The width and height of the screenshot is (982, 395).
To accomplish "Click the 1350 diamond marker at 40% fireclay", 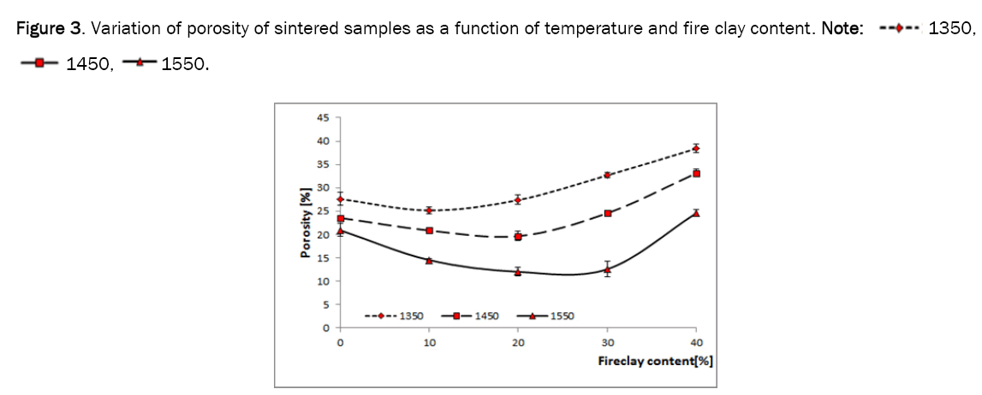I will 696,149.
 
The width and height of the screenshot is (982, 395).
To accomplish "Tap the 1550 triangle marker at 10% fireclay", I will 429,260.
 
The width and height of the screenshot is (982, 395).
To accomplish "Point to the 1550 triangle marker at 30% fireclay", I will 607,269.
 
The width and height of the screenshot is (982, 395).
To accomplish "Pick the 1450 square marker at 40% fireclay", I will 696,174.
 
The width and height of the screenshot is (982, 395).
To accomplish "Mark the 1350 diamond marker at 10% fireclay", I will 429,209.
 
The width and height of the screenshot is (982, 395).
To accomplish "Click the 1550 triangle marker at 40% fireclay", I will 696,213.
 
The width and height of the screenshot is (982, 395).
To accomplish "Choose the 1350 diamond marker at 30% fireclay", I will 607,174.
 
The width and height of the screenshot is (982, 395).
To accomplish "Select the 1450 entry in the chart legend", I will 468,315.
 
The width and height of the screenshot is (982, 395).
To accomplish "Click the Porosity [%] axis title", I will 305,223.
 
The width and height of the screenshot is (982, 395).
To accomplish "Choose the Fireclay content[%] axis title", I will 655,361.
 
